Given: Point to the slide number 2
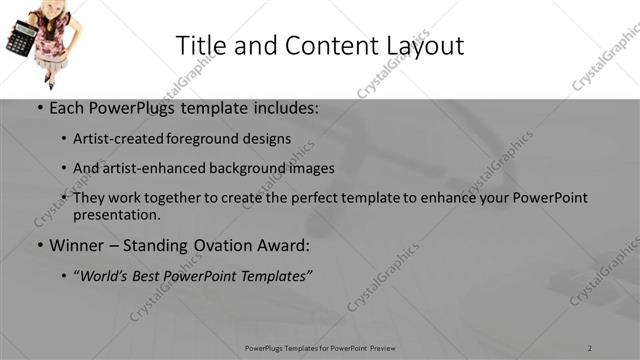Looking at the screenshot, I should (590, 347).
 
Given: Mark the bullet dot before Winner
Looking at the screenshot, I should (39, 246).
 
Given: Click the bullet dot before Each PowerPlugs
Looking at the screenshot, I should (39, 109).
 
